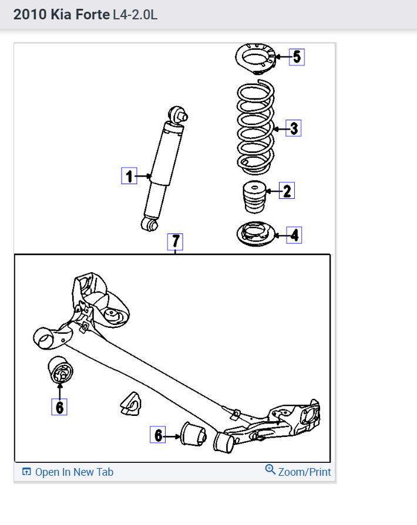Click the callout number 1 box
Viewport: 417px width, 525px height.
pos(129,176)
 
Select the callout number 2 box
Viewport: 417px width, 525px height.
pos(287,191)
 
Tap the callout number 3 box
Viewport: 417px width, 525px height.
pos(294,128)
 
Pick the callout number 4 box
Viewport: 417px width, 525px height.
pos(294,236)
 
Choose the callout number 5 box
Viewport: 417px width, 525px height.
pos(297,57)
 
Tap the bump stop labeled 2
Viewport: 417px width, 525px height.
pos(254,198)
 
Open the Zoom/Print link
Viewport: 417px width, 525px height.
pos(304,472)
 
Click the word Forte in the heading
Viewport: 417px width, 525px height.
pos(91,14)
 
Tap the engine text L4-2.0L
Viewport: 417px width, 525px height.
pos(135,14)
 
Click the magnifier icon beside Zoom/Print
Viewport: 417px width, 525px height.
pos(270,470)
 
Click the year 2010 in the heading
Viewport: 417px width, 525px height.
pos(29,14)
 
